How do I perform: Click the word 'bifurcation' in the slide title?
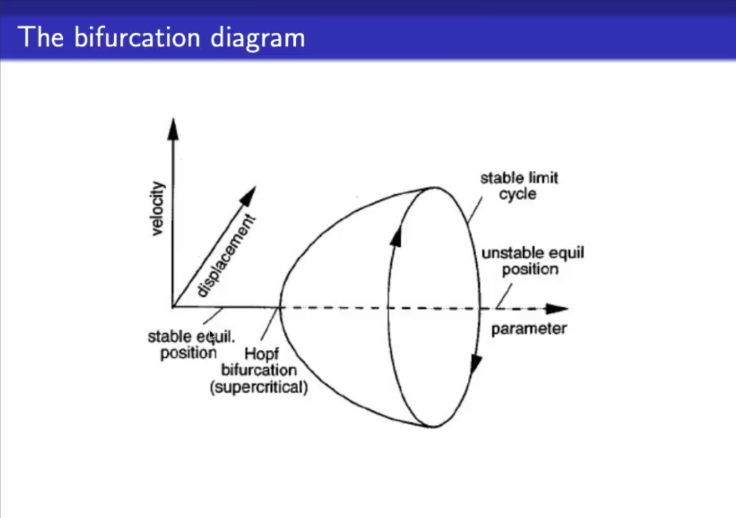[137, 37]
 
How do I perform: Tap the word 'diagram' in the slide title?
[258, 39]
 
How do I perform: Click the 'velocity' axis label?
[158, 209]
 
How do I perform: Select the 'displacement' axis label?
[226, 256]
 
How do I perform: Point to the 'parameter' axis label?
[529, 329]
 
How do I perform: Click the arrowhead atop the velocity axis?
[173, 129]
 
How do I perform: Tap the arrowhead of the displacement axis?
[249, 196]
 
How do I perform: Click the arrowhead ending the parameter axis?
[557, 309]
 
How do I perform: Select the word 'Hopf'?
[262, 354]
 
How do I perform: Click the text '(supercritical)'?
[259, 387]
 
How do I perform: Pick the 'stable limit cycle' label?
[519, 186]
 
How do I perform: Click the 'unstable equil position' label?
[533, 261]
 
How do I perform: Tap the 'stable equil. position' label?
[191, 345]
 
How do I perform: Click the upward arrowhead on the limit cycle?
[396, 235]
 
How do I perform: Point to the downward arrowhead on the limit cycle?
[476, 364]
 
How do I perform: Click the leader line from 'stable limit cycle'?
[475, 210]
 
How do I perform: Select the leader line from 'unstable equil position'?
[504, 296]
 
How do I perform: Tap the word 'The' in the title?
[41, 37]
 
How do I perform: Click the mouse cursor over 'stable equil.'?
[212, 336]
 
